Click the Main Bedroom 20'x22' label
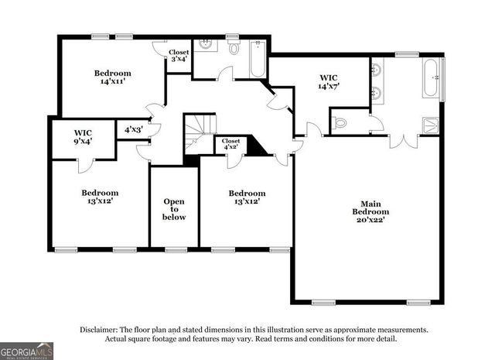click(x=370, y=211)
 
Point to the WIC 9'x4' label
click(x=83, y=137)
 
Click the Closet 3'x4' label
click(x=179, y=56)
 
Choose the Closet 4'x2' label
click(x=231, y=143)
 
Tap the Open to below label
click(x=174, y=209)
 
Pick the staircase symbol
click(x=200, y=132)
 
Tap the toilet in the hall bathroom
click(x=234, y=48)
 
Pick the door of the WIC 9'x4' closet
click(x=84, y=164)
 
